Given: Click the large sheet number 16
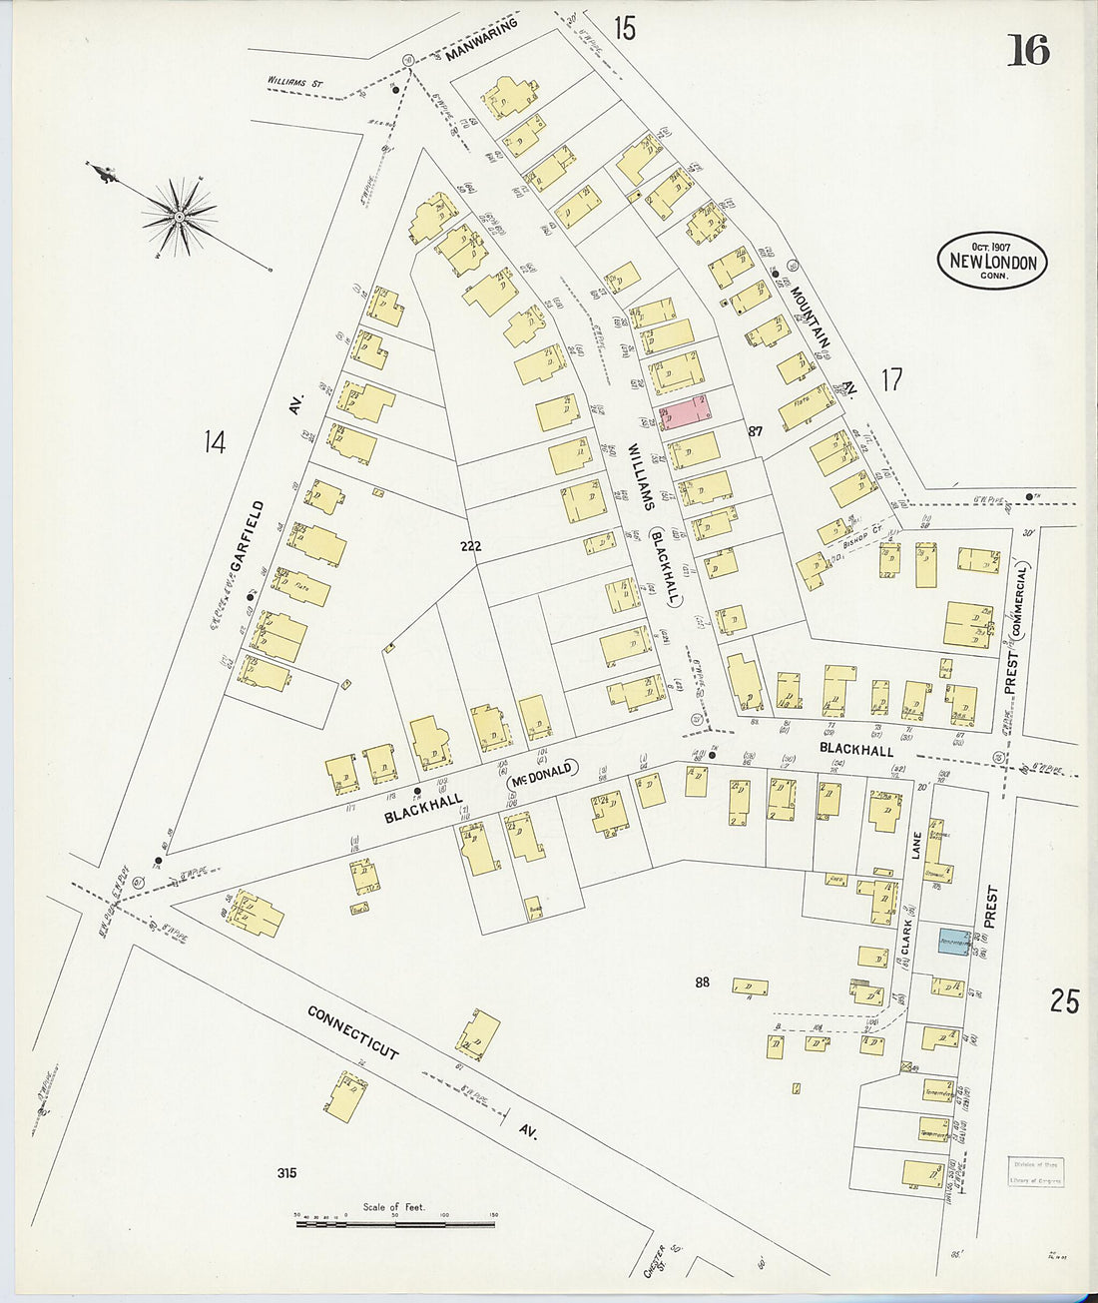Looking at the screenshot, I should (1027, 49).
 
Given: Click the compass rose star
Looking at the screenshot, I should (180, 215).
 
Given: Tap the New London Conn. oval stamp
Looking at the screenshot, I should (992, 262).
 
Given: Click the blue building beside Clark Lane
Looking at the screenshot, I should (953, 942).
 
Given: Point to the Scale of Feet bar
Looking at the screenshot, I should (395, 1221).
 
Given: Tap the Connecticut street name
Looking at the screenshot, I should (353, 1032).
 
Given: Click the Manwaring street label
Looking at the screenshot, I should (481, 40).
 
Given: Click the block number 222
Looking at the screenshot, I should (472, 546).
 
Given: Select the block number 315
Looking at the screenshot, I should (287, 1173).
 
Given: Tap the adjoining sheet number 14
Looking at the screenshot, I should (214, 440).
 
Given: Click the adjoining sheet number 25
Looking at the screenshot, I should (1064, 999).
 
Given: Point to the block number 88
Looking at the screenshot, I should (703, 982).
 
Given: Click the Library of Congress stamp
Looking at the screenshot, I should (1035, 1172).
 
